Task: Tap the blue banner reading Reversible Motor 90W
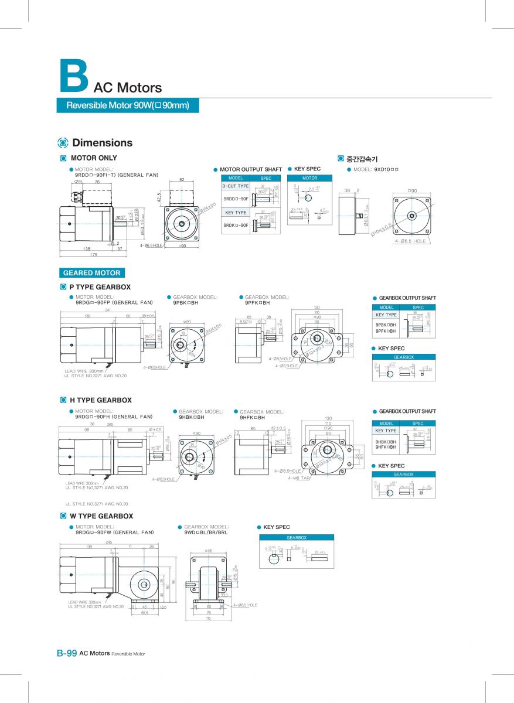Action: [x=128, y=105]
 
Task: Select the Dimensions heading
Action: [x=102, y=143]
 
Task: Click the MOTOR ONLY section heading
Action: [x=94, y=158]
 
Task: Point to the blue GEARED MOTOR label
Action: [x=91, y=272]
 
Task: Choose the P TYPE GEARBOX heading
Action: [x=100, y=287]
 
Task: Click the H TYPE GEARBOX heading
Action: [x=100, y=400]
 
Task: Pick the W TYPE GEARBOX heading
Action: [x=101, y=516]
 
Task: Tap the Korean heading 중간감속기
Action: [x=362, y=158]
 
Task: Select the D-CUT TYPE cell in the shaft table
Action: [x=235, y=186]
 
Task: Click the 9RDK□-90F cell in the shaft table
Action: [x=236, y=225]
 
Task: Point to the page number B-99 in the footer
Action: [x=66, y=653]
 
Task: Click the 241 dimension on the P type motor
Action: [x=108, y=310]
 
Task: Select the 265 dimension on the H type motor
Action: [x=110, y=424]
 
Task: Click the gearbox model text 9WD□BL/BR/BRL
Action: [x=206, y=533]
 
